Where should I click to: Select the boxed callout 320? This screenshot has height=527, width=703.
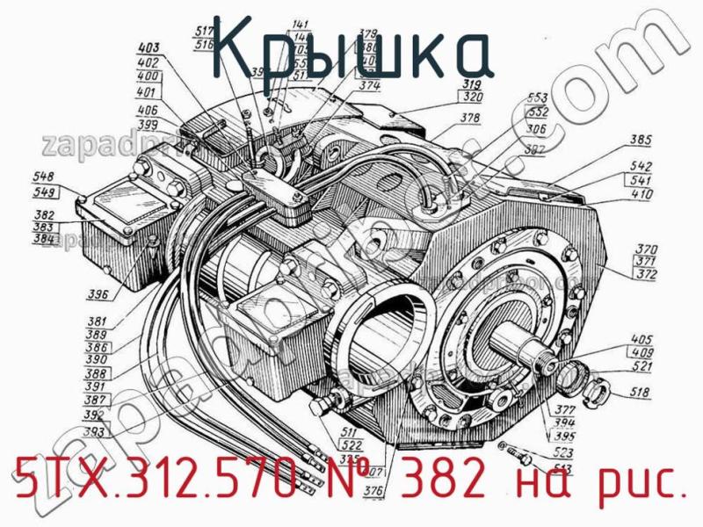pos(473,97)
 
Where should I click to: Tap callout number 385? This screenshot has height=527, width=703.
pos(641,139)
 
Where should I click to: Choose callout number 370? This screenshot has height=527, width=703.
pos(646,249)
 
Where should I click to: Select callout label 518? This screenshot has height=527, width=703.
pos(641,394)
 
